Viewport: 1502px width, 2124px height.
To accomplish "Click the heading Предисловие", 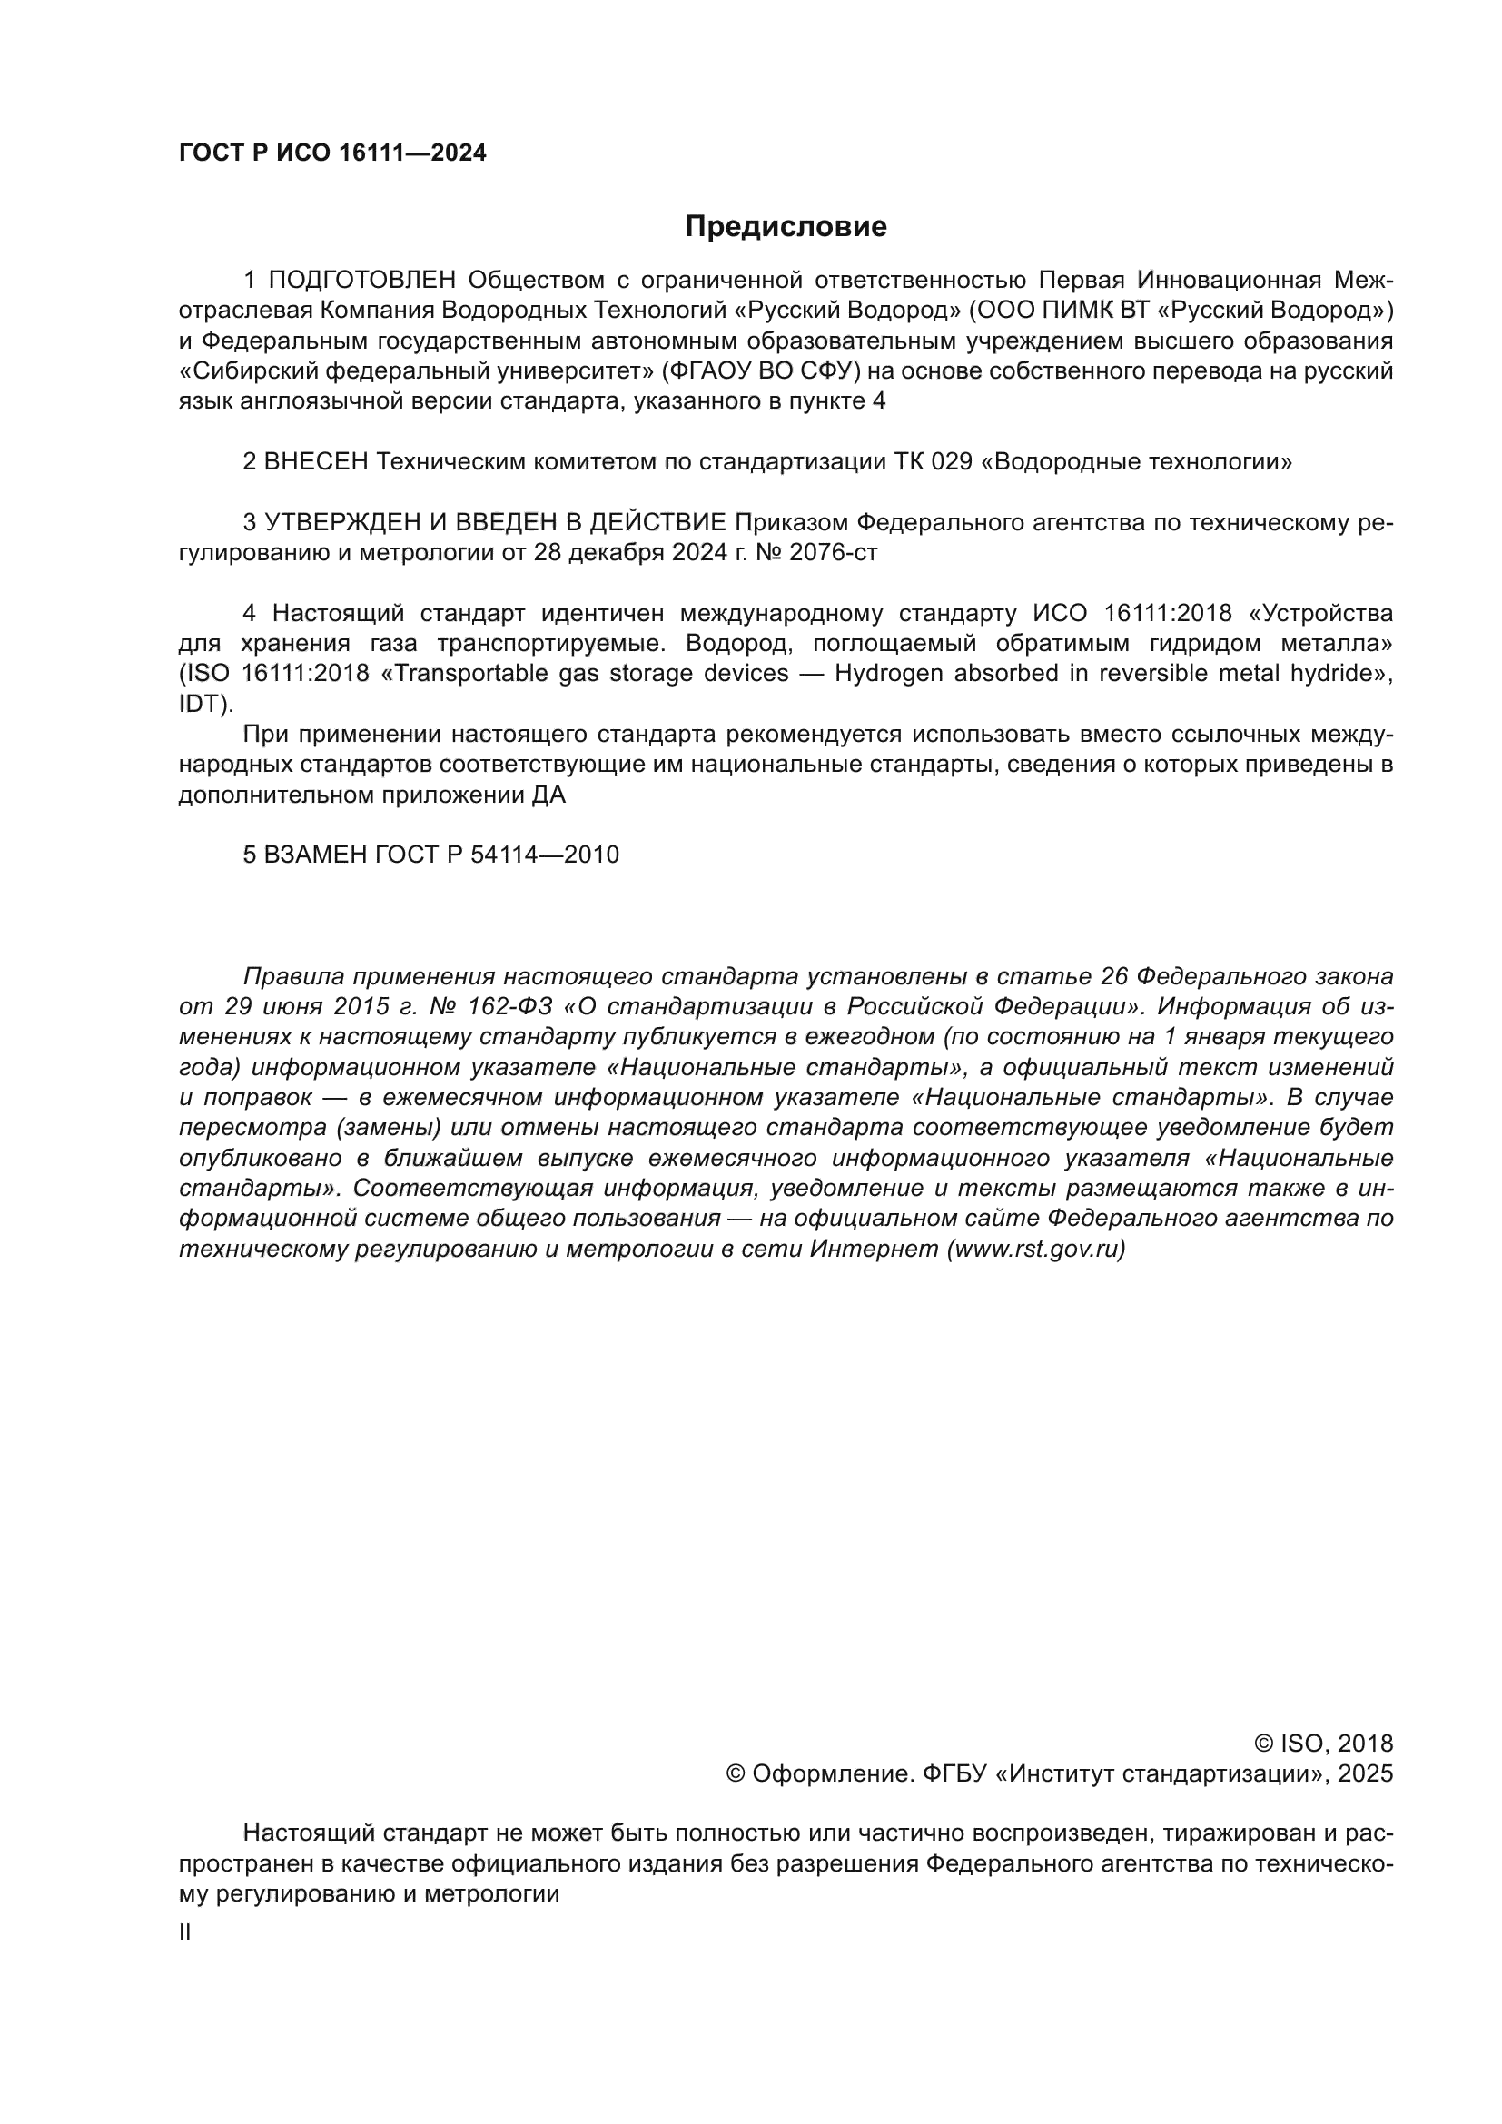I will point(786,227).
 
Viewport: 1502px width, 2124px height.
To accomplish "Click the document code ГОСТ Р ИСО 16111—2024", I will point(332,153).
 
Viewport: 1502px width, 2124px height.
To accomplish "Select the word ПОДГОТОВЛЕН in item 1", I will point(362,281).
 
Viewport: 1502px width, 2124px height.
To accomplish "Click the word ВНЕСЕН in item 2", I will point(316,461).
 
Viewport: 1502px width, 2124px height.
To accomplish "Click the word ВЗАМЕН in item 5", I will point(315,855).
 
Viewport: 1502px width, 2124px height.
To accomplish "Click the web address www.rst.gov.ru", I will point(1036,1250).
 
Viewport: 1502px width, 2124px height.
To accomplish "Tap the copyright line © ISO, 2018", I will point(1323,1744).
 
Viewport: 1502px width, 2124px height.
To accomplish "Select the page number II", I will point(185,1932).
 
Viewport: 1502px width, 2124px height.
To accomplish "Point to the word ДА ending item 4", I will point(549,795).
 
